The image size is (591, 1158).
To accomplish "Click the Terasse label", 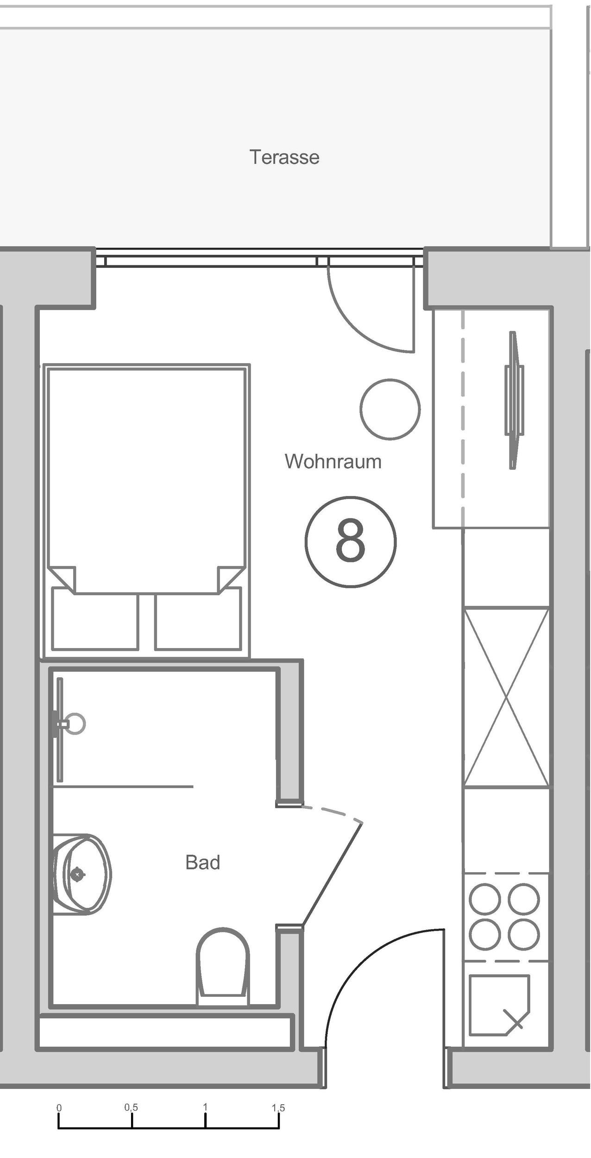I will [x=284, y=157].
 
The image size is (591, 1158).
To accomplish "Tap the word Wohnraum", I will [x=333, y=462].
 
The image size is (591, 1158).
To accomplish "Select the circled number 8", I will [x=351, y=542].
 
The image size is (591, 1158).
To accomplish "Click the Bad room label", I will [x=202, y=862].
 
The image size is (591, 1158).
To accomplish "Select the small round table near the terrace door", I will [x=390, y=409].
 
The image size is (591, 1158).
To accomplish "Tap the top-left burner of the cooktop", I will [x=484, y=899].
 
